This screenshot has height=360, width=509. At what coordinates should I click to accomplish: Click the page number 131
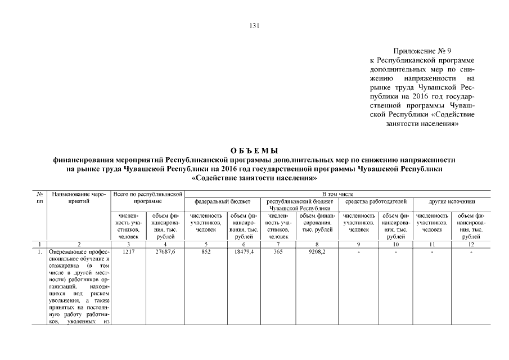click(x=254, y=25)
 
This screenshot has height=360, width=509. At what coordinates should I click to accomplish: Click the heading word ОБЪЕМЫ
click(x=254, y=150)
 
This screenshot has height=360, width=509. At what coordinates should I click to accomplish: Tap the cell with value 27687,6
click(x=165, y=253)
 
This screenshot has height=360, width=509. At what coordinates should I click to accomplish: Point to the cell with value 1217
click(x=129, y=253)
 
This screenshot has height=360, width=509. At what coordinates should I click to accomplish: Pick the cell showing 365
click(x=278, y=253)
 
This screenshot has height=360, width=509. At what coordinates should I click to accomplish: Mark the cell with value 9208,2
click(x=317, y=253)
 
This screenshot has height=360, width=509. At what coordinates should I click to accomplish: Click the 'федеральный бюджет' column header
click(x=222, y=201)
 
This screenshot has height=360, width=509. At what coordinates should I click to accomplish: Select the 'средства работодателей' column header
click(x=375, y=201)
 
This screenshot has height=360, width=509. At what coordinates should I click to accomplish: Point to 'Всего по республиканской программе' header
click(x=148, y=197)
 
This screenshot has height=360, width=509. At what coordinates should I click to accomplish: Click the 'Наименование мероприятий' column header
click(x=79, y=197)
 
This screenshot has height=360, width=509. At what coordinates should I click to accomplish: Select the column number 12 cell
click(x=471, y=244)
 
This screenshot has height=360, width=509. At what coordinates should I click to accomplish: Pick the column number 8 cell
click(x=317, y=244)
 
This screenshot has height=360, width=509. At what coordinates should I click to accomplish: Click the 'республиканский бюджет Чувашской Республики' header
click(x=299, y=204)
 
